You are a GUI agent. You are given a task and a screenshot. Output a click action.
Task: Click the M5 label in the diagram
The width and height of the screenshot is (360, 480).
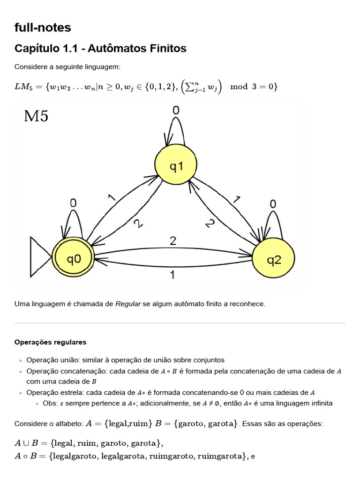coord(36,116)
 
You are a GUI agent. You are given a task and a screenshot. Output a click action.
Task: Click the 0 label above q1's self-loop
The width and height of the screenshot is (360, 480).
coord(175,111)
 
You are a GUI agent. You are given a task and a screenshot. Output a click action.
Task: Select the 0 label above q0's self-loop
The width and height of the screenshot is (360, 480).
coord(74,203)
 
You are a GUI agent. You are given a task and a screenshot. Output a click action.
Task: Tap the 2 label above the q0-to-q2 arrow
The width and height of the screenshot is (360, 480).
coord(173,241)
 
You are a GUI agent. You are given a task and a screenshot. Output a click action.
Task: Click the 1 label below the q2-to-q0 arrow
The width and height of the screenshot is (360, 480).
coord(173,275)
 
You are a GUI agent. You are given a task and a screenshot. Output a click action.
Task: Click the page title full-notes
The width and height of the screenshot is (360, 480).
coord(43,28)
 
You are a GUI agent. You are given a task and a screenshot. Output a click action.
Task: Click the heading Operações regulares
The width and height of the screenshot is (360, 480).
coord(51,342)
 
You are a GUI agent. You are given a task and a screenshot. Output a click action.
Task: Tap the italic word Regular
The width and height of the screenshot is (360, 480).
coord(128,304)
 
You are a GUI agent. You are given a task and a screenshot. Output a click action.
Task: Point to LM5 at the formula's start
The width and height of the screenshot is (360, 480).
coord(25,87)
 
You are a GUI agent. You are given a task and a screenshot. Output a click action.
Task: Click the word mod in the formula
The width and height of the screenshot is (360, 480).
coord(239,87)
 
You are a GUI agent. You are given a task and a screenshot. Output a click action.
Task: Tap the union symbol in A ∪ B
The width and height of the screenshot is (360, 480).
coord(25,442)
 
